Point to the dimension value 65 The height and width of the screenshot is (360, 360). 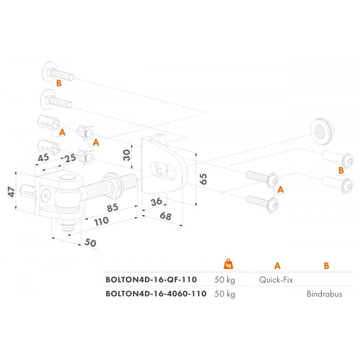click(x=203, y=179)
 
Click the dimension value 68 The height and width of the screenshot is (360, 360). click(x=165, y=217)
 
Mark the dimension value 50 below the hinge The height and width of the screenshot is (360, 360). click(x=90, y=243)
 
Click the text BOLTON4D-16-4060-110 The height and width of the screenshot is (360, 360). click(x=156, y=294)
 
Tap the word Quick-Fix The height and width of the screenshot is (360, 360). click(x=276, y=279)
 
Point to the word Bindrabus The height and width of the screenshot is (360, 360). click(x=324, y=294)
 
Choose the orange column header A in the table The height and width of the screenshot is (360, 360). click(x=276, y=265)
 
